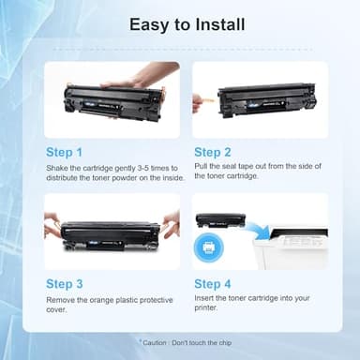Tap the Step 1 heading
[x=65, y=151]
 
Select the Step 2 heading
[x=213, y=151]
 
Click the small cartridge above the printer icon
[x=220, y=219]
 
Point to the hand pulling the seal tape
[x=199, y=100]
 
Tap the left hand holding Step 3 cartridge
[x=52, y=225]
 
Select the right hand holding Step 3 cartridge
[x=170, y=223]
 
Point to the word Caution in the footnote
[x=159, y=344]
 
